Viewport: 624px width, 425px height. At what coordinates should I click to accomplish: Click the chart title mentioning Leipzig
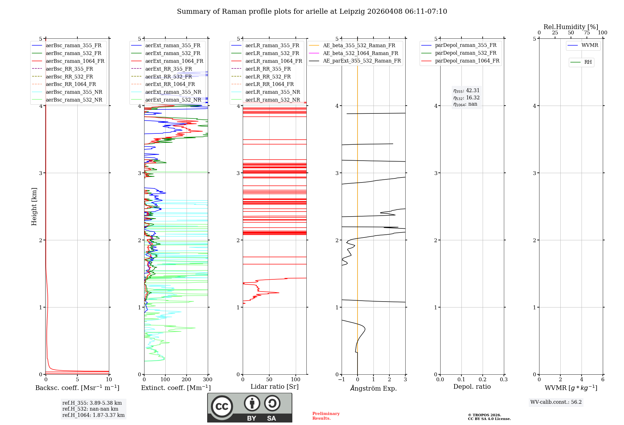point(312,12)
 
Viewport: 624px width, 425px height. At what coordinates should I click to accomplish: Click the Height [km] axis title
point(34,207)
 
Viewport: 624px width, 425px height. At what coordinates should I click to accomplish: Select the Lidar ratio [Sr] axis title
point(275,387)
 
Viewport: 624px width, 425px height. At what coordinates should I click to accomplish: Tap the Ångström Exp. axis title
point(373,388)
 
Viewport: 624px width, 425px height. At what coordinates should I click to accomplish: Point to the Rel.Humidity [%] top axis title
point(571,27)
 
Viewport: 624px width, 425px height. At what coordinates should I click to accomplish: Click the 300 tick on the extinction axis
point(207,380)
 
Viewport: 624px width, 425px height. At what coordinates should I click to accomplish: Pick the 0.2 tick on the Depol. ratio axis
point(483,380)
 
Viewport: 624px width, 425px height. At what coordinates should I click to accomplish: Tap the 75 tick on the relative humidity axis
point(587,33)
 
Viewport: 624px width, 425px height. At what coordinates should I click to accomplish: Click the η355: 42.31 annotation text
point(466,91)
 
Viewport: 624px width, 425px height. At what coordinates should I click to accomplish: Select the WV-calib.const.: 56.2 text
point(556,402)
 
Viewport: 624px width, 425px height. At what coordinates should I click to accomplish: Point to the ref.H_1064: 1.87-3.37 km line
point(93,415)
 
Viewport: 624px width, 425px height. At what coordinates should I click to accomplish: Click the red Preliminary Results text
point(326,416)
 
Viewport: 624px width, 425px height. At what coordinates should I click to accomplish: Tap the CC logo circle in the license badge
point(222,406)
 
